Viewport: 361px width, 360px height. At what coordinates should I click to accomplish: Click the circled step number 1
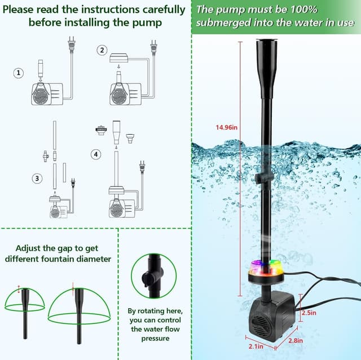pyautogui.click(x=20, y=73)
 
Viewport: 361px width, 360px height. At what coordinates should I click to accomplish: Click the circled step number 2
pyautogui.click(x=102, y=50)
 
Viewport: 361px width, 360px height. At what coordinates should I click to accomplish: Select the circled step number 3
pyautogui.click(x=37, y=178)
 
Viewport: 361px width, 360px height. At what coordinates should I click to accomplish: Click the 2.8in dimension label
pyautogui.click(x=296, y=340)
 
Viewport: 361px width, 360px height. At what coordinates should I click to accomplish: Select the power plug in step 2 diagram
pyautogui.click(x=153, y=46)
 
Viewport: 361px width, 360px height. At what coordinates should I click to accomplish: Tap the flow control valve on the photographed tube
pyautogui.click(x=260, y=178)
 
